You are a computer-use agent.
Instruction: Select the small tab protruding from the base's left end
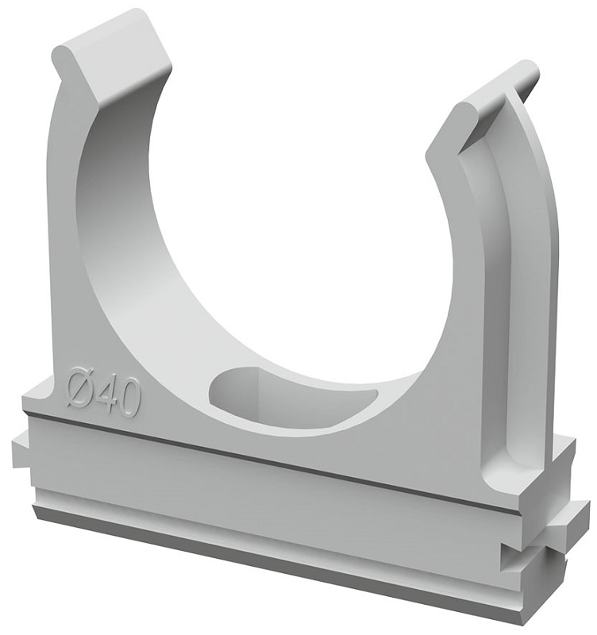coord(21,452)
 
